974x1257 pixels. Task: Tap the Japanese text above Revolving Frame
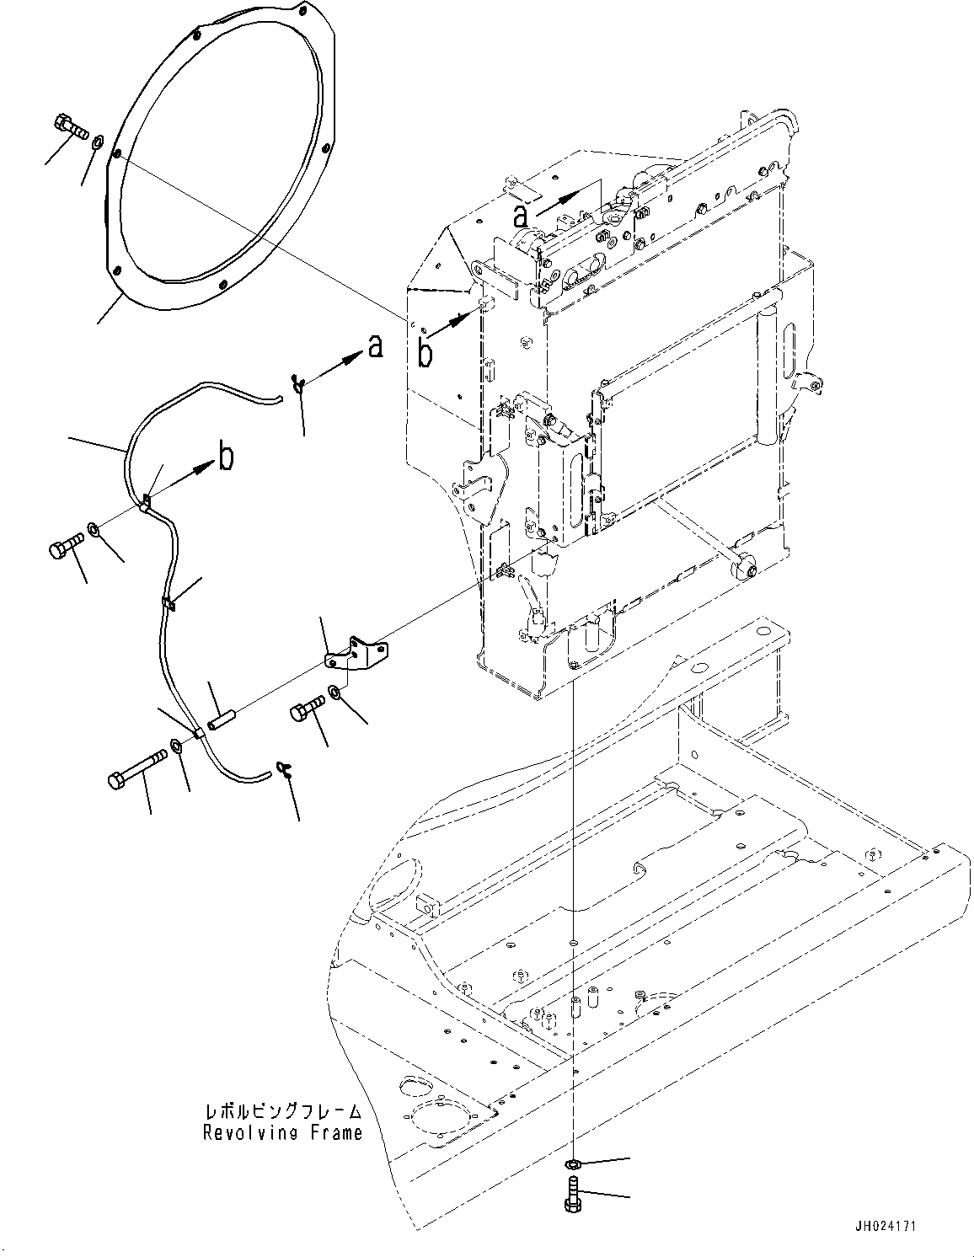283,1110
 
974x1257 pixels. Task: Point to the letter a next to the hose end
375,346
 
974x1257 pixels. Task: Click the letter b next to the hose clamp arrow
226,457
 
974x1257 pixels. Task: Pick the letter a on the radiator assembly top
521,216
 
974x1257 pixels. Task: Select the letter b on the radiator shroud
425,353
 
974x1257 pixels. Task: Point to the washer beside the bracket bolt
334,691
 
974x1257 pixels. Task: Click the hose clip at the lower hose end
285,768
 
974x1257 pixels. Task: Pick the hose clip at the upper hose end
298,383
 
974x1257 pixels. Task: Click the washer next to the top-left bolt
99,140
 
